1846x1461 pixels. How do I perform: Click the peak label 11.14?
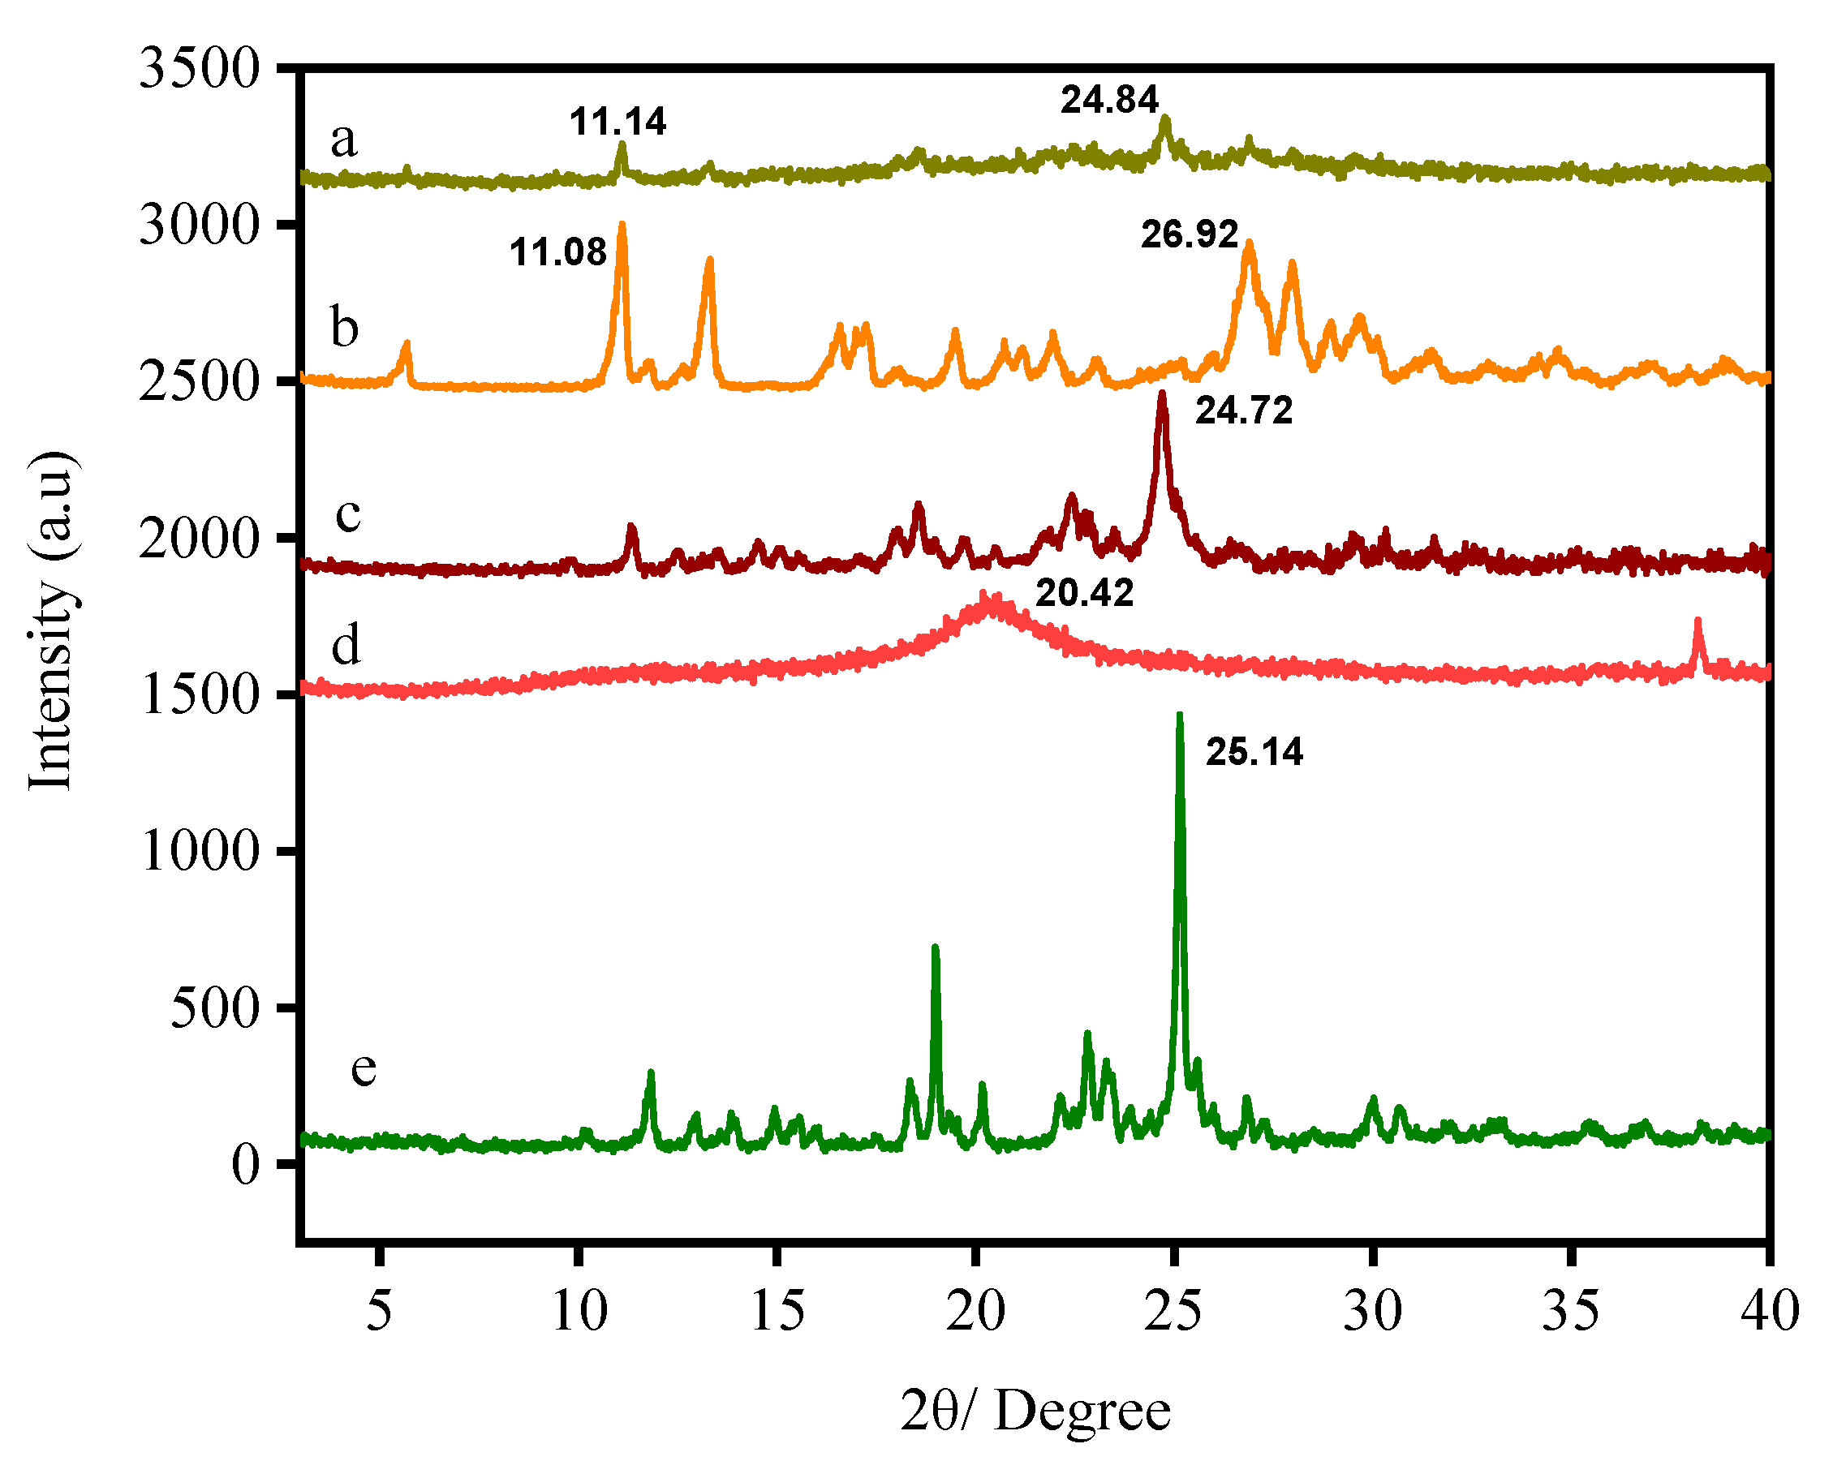pyautogui.click(x=617, y=122)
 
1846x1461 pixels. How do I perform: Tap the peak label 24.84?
pyautogui.click(x=1109, y=100)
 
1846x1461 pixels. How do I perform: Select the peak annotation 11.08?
pyautogui.click(x=557, y=252)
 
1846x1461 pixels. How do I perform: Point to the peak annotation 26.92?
pyautogui.click(x=1189, y=234)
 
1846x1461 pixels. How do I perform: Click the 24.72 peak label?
pyautogui.click(x=1244, y=410)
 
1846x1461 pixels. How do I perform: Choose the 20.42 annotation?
pyautogui.click(x=1085, y=593)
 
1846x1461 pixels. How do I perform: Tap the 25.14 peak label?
pyautogui.click(x=1254, y=752)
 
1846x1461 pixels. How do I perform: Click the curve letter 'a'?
pyautogui.click(x=344, y=140)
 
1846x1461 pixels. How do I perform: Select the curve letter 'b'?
pyautogui.click(x=345, y=328)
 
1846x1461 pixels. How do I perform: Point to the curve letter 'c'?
pyautogui.click(x=347, y=514)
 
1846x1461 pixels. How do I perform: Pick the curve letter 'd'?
pyautogui.click(x=346, y=645)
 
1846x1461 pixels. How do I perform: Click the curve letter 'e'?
pyautogui.click(x=364, y=1068)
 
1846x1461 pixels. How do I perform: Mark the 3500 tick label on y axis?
pyautogui.click(x=199, y=67)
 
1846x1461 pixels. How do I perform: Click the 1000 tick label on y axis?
pyautogui.click(x=199, y=851)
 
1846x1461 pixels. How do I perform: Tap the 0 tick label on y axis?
pyautogui.click(x=246, y=1165)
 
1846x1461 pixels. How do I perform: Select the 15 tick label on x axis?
pyautogui.click(x=777, y=1310)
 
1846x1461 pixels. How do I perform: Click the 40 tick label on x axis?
pyautogui.click(x=1770, y=1310)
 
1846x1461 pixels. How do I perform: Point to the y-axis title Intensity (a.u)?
pyautogui.click(x=51, y=620)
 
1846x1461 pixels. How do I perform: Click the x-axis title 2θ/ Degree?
pyautogui.click(x=1035, y=1412)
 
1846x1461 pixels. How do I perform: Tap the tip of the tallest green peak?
pyautogui.click(x=1180, y=715)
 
